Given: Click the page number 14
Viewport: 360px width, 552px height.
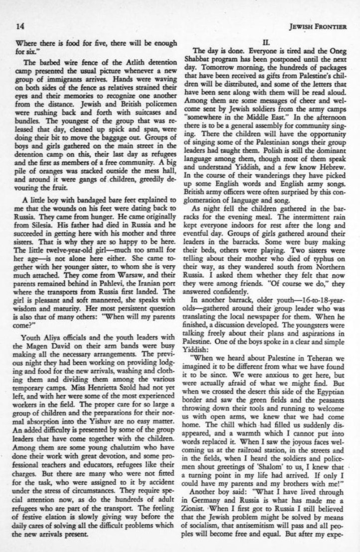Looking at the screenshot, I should pyautogui.click(x=20, y=25).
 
